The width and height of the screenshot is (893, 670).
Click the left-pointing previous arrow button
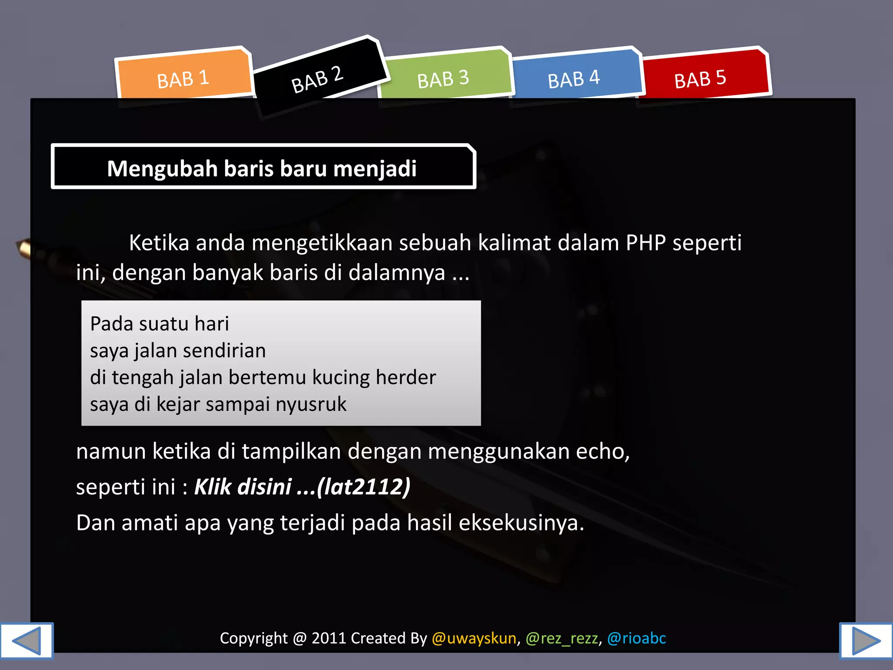pyautogui.click(x=27, y=640)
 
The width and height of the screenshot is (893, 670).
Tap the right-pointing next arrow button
pyautogui.click(x=866, y=640)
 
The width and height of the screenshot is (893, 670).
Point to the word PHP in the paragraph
pyautogui.click(x=646, y=243)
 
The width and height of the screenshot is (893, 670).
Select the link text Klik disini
pyautogui.click(x=243, y=487)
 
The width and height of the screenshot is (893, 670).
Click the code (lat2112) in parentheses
pyautogui.click(x=364, y=487)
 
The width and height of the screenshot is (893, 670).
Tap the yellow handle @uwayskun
pyautogui.click(x=474, y=638)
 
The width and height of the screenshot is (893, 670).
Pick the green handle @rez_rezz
pyautogui.click(x=562, y=638)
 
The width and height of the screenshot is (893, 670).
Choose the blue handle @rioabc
pyautogui.click(x=637, y=638)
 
